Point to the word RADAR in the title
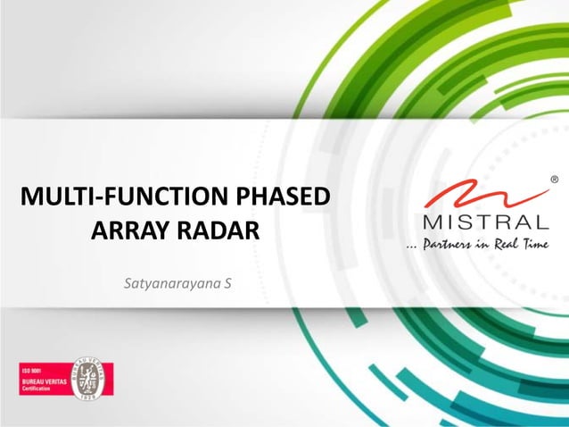coord(218,230)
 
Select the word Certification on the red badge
coord(38,390)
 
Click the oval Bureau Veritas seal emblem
coord(92,380)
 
